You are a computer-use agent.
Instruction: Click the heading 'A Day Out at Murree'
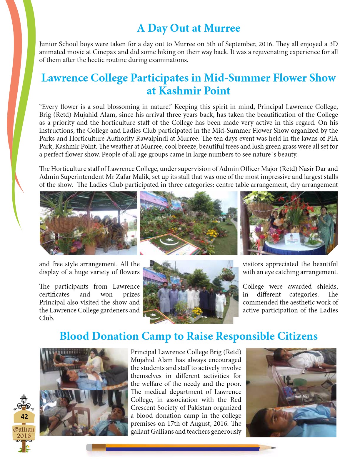click(x=189, y=28)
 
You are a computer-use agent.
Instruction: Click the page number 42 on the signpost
click(x=24, y=416)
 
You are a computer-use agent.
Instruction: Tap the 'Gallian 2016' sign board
click(x=24, y=432)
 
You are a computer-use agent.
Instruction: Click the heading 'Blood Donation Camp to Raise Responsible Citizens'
click(x=189, y=336)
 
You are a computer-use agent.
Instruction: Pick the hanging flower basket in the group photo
click(x=228, y=275)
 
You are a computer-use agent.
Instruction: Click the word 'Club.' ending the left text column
click(x=46, y=318)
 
